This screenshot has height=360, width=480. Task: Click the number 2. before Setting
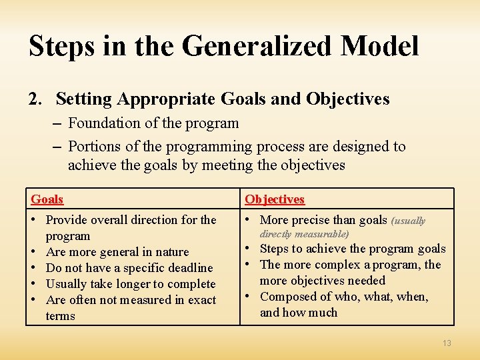tap(35, 99)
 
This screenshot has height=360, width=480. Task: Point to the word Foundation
tap(101, 123)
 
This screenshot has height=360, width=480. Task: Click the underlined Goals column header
tap(47, 199)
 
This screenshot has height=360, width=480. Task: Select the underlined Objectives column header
tap(274, 199)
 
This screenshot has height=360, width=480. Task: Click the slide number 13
tap(447, 343)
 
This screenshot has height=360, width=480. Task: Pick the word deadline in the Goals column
tap(189, 268)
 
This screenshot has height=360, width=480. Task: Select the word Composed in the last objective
tap(287, 297)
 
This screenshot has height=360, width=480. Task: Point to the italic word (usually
tap(408, 221)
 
